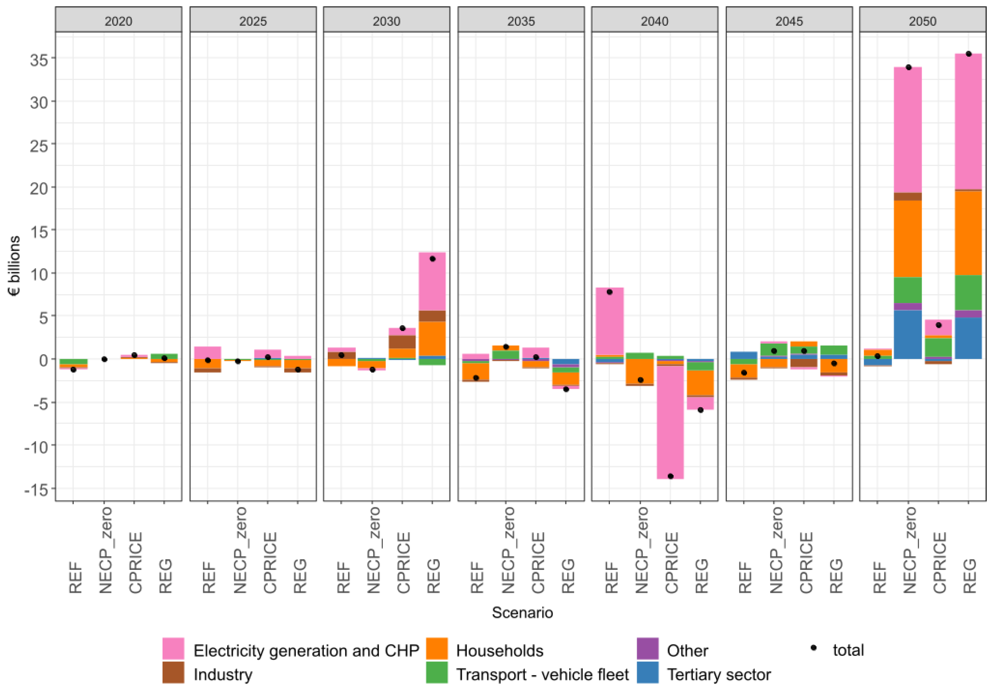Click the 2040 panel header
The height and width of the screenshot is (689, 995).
654,21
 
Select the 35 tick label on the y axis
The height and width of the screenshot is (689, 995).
39,59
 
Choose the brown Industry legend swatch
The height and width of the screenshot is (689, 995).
173,673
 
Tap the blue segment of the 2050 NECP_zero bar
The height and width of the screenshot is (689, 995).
908,335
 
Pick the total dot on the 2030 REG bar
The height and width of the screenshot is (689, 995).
432,258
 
